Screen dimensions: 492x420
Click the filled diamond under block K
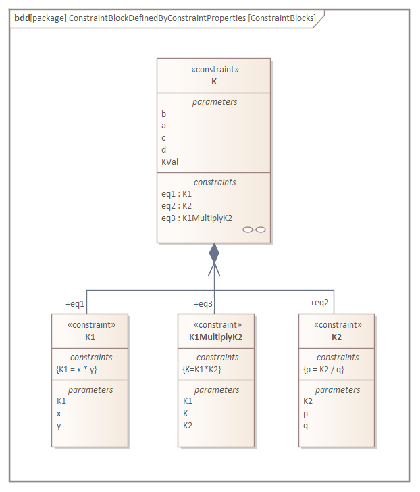[x=214, y=253]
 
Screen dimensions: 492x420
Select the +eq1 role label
[x=75, y=303]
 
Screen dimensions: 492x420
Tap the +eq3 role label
[x=204, y=303]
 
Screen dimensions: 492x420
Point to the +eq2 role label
[x=319, y=302]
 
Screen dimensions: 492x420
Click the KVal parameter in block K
[x=170, y=162]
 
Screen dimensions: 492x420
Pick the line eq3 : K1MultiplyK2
[x=196, y=218]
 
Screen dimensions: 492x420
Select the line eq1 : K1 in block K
[x=177, y=193]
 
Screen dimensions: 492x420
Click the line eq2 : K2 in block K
[x=177, y=205]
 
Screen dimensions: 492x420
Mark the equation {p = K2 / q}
[x=323, y=369]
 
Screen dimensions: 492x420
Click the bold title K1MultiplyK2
[x=216, y=337]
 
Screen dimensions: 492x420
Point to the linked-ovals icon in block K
[x=255, y=230]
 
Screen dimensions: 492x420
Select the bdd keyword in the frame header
[x=21, y=18]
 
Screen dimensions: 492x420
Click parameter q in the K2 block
[x=306, y=425]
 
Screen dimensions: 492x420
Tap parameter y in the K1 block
[x=59, y=425]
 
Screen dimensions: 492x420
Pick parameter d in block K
[x=164, y=149]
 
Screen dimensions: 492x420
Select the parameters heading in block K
[x=215, y=101]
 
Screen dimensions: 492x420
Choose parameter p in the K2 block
[x=306, y=413]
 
